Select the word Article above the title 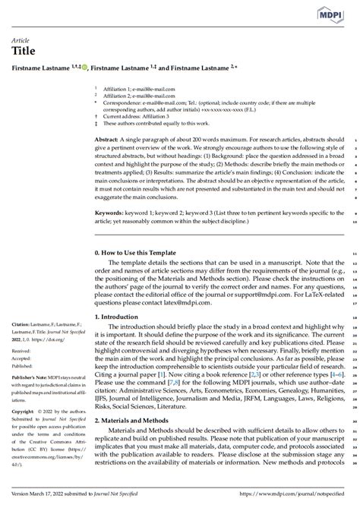click(x=20, y=39)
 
